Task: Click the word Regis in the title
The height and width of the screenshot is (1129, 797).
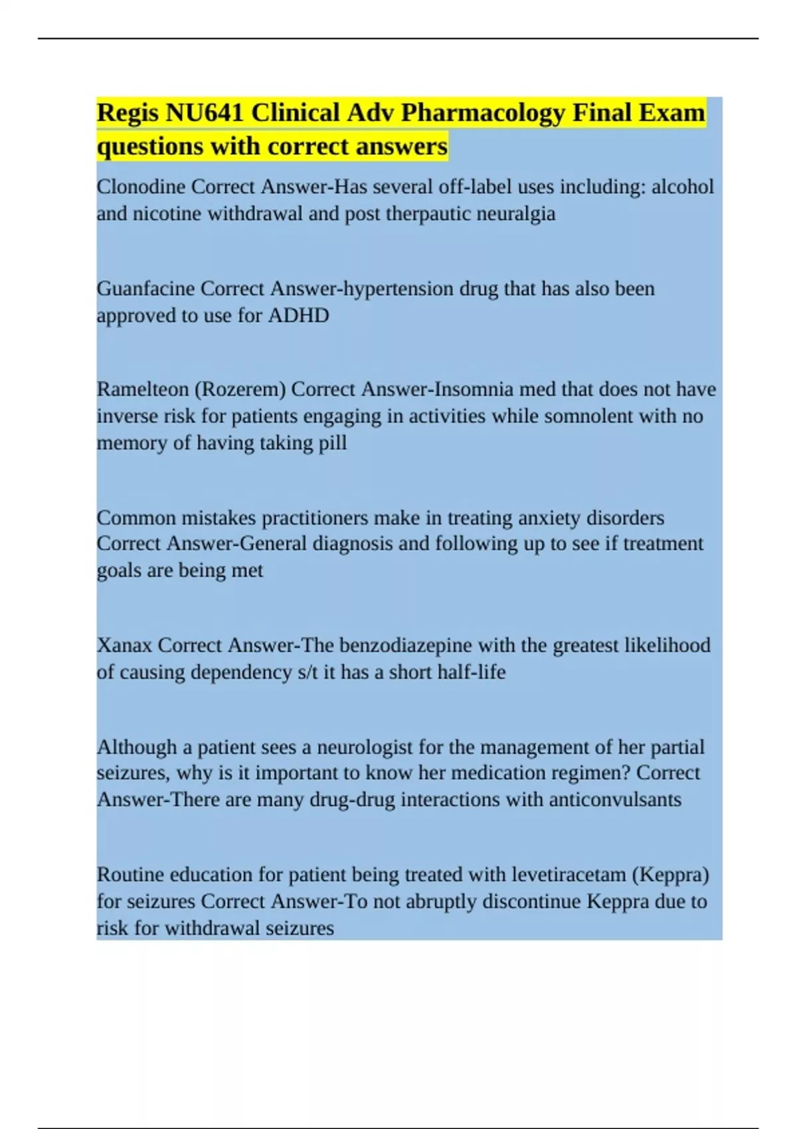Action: click(128, 113)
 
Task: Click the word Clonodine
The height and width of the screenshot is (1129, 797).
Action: click(141, 187)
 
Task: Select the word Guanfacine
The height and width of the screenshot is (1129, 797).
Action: click(145, 289)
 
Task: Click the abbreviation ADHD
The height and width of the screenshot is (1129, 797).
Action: click(298, 315)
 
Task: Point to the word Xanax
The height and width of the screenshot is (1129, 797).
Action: click(124, 645)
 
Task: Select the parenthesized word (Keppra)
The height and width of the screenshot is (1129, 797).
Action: click(670, 875)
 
